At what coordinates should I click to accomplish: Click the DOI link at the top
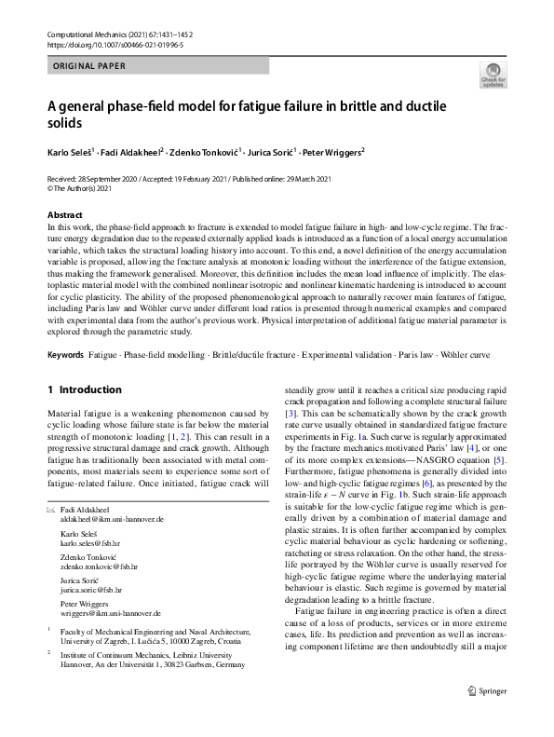(x=115, y=44)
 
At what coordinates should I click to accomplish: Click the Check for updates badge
(x=493, y=75)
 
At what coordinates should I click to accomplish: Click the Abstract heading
(x=65, y=215)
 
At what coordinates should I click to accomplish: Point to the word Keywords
(x=65, y=356)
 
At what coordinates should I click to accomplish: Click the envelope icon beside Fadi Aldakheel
(x=51, y=508)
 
